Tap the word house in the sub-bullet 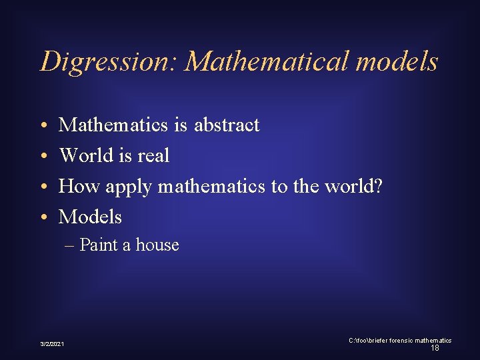coord(157,245)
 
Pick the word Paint coord(98,245)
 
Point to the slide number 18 coord(435,348)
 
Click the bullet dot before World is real coord(42,156)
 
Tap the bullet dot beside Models coord(42,217)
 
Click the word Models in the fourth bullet coord(90,217)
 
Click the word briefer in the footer coord(372,341)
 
